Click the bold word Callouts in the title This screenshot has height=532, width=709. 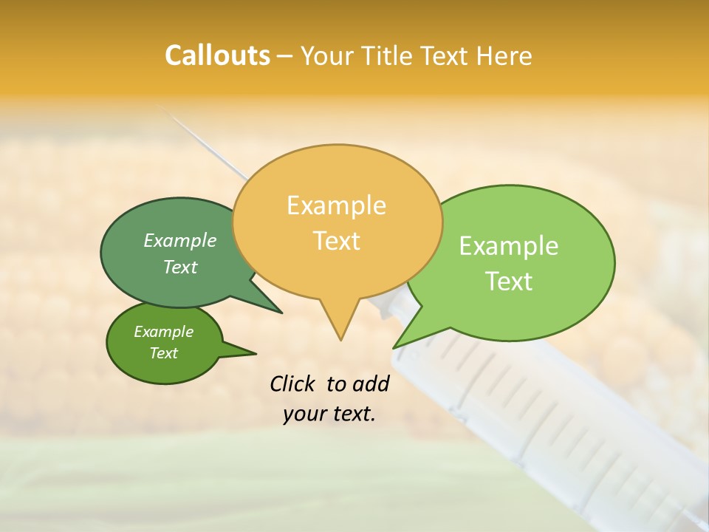(x=217, y=55)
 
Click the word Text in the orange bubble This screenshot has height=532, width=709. (x=337, y=240)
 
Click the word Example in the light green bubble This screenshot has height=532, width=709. (x=508, y=245)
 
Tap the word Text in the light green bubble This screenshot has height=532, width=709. (x=509, y=281)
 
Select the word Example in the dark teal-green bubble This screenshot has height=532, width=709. (x=179, y=240)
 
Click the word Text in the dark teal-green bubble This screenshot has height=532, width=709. (x=180, y=267)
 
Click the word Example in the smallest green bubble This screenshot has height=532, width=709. (x=163, y=332)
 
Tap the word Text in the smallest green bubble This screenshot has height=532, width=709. (x=164, y=353)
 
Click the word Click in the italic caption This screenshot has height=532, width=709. (x=294, y=383)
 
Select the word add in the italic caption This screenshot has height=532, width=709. (x=370, y=383)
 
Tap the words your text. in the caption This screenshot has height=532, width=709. (x=329, y=414)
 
